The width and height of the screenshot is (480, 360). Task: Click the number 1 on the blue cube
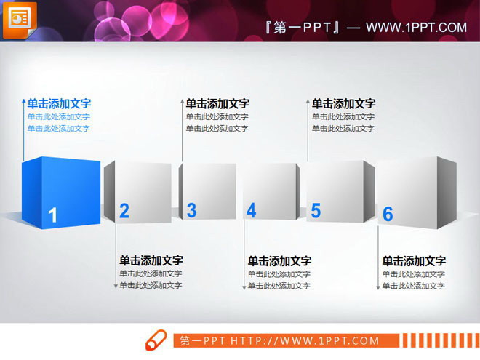coord(52,215)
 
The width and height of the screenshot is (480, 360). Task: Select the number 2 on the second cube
coord(124,211)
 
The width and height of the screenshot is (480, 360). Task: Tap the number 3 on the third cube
coord(191,210)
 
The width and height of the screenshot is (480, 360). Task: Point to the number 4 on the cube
coord(252,211)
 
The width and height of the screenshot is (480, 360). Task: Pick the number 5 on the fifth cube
coord(316,211)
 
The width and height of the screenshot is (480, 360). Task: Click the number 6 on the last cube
coord(388,214)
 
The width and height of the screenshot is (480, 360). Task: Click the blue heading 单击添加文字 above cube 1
coord(59,104)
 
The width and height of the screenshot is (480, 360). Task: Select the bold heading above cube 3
coord(217,104)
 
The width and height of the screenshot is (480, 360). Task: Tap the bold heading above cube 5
coord(344,104)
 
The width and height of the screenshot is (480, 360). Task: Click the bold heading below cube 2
coord(151,260)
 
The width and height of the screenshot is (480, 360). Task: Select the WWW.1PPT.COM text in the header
coord(416,28)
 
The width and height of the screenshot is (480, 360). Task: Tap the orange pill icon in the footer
coord(156,340)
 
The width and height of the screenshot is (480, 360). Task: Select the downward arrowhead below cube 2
coord(115,287)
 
